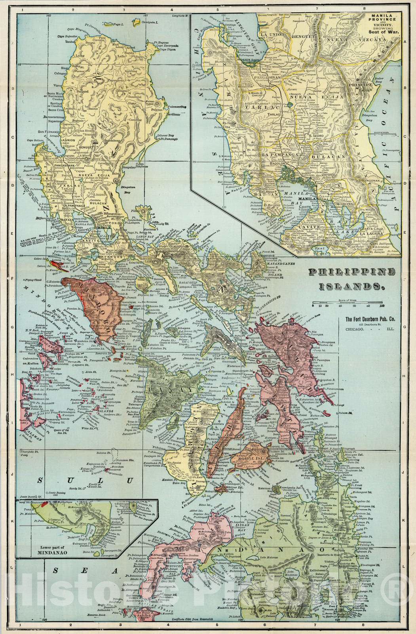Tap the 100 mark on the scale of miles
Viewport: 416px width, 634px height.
click(382, 306)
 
